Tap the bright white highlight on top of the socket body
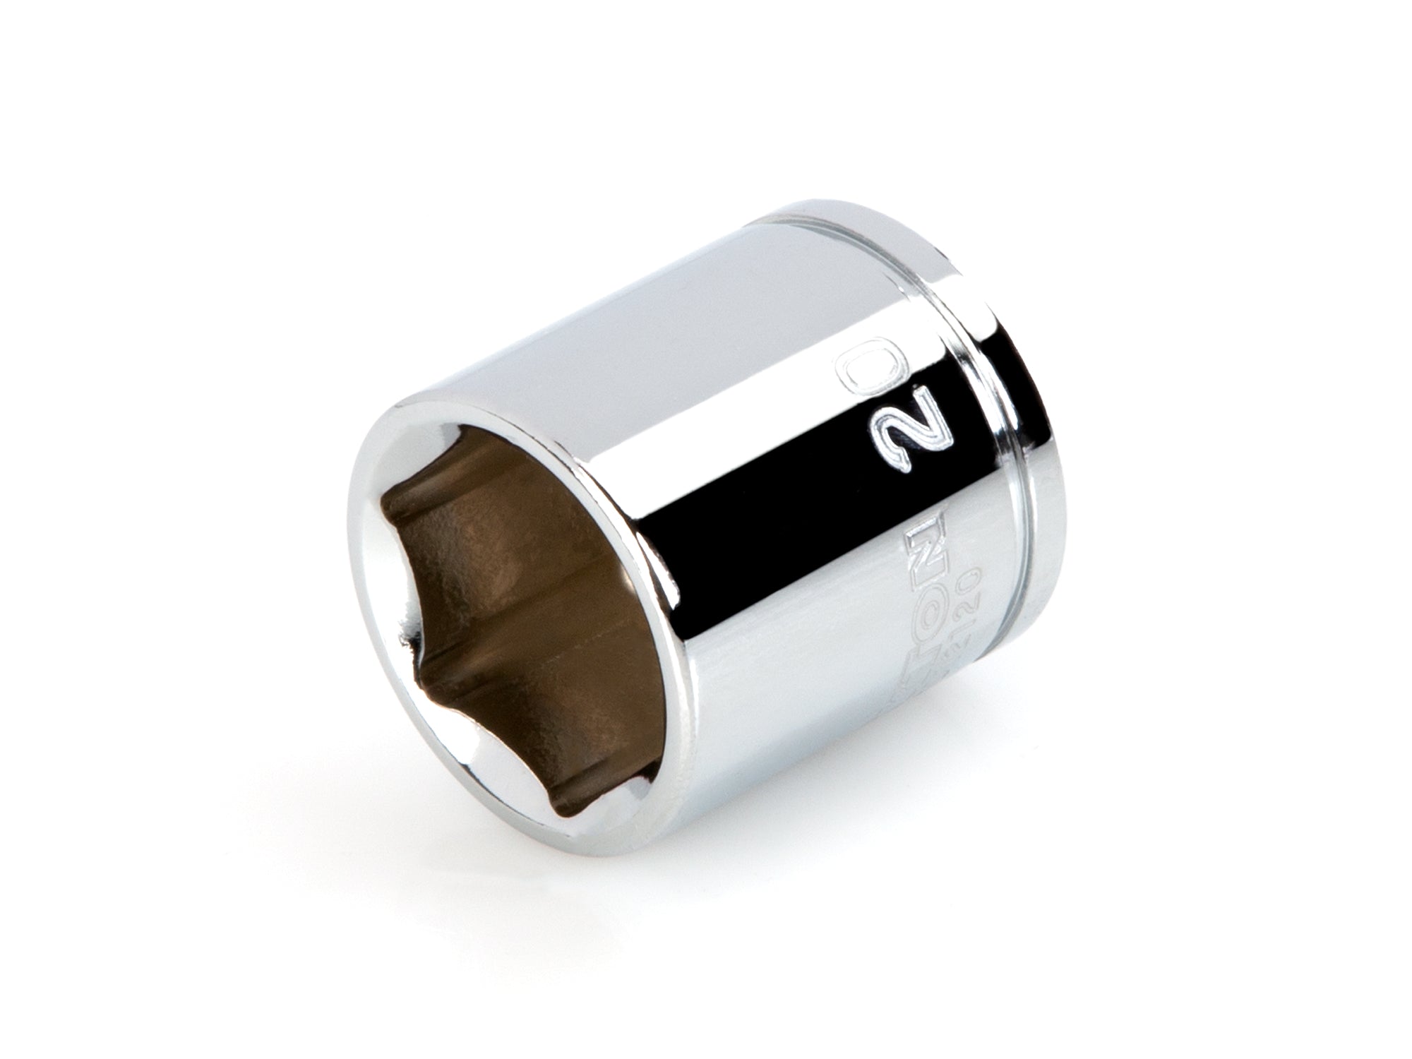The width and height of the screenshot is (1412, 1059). [635, 282]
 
